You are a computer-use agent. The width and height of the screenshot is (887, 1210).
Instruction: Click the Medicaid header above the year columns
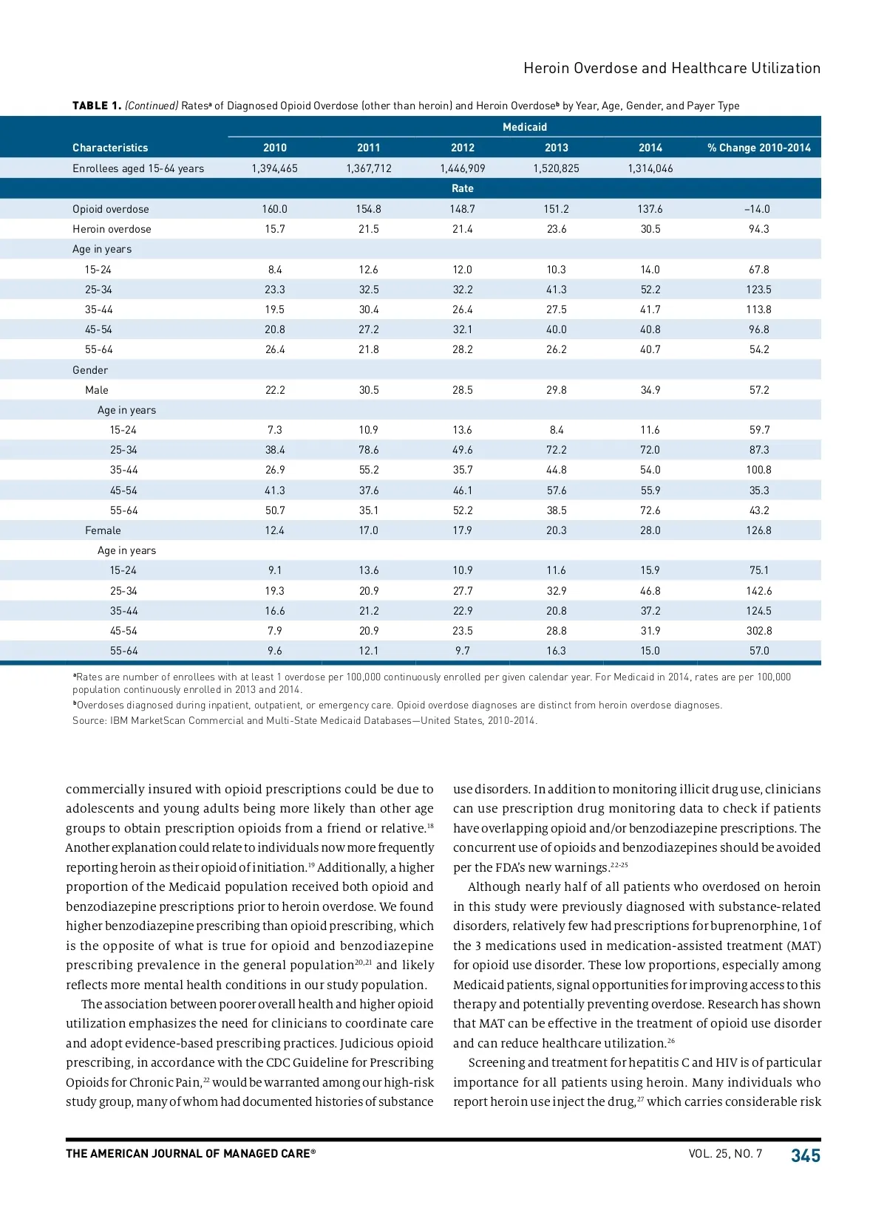click(x=525, y=127)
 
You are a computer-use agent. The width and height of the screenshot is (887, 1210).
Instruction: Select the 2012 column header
click(x=463, y=148)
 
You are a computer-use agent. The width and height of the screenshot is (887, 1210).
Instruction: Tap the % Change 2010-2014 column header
click(x=758, y=148)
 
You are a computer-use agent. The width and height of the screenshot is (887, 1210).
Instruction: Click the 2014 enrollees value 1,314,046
click(x=650, y=168)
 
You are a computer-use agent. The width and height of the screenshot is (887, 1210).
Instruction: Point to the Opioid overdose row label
click(x=111, y=209)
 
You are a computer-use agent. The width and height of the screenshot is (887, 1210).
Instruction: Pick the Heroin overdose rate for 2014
click(x=650, y=229)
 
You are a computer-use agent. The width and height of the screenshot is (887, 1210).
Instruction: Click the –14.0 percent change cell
click(x=758, y=209)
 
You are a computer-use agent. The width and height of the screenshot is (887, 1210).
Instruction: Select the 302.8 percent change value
click(x=759, y=631)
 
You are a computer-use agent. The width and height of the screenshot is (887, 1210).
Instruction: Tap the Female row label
click(x=103, y=530)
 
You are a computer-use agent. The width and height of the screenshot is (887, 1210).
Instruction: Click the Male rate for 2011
click(x=369, y=390)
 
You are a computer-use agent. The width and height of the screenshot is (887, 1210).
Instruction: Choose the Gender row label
click(x=90, y=370)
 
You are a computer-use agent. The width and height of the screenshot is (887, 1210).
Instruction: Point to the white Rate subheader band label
click(x=463, y=188)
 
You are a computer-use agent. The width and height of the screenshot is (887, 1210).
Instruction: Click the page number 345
click(x=806, y=1156)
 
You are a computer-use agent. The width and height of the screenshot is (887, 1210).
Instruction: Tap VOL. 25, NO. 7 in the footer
click(x=725, y=1154)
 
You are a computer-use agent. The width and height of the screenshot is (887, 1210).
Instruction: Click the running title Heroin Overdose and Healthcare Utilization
click(x=672, y=68)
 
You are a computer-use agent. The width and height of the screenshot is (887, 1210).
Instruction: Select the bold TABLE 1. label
click(x=97, y=106)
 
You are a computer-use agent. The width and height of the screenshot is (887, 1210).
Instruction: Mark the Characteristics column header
click(x=110, y=148)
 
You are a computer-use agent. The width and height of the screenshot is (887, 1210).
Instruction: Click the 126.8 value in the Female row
click(x=759, y=530)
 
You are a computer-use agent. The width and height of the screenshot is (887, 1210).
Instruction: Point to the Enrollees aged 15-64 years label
click(x=138, y=168)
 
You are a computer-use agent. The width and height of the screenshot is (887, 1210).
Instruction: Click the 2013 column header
click(x=557, y=148)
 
